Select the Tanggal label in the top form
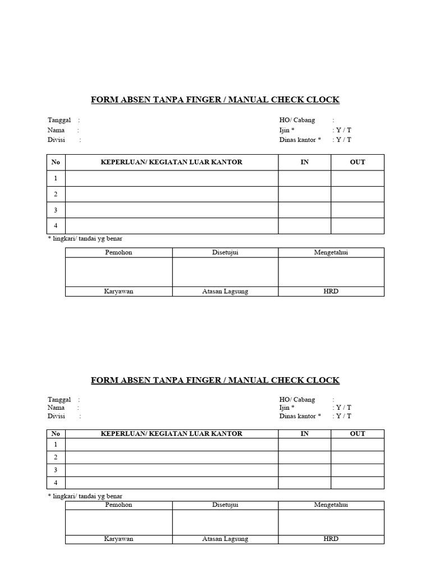click(x=59, y=120)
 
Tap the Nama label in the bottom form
click(x=56, y=408)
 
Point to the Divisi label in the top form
click(x=57, y=140)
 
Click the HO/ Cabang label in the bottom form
click(x=297, y=400)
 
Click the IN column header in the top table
click(x=305, y=162)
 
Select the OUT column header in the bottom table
click(x=357, y=434)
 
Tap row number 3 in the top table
click(x=56, y=210)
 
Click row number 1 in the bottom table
click(x=56, y=445)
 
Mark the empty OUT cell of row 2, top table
click(x=357, y=195)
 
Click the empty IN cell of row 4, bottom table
click(x=305, y=483)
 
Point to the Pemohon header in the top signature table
click(x=119, y=253)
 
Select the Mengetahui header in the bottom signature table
click(x=331, y=505)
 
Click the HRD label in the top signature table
click(x=331, y=291)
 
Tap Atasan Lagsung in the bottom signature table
click(x=225, y=539)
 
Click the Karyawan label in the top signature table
click(x=119, y=291)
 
